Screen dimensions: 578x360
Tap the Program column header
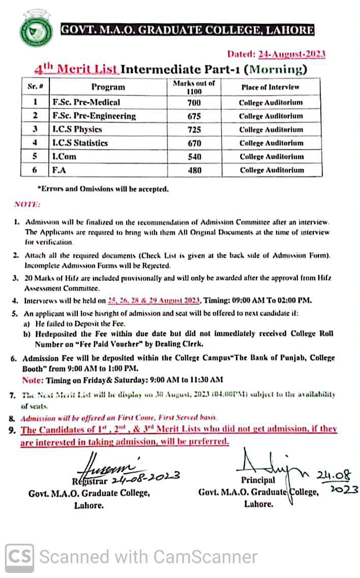(x=108, y=87)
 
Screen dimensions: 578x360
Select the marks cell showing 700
(x=194, y=103)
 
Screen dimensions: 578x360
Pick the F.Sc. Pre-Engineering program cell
(x=95, y=116)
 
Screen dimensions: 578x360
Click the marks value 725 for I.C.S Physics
(x=194, y=130)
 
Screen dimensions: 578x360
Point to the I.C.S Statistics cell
(x=80, y=143)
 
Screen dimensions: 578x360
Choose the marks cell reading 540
(x=194, y=157)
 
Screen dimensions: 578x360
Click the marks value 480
(x=194, y=170)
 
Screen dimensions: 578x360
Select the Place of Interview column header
(x=271, y=87)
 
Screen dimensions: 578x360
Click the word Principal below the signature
(x=258, y=480)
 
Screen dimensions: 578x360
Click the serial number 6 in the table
(x=35, y=170)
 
